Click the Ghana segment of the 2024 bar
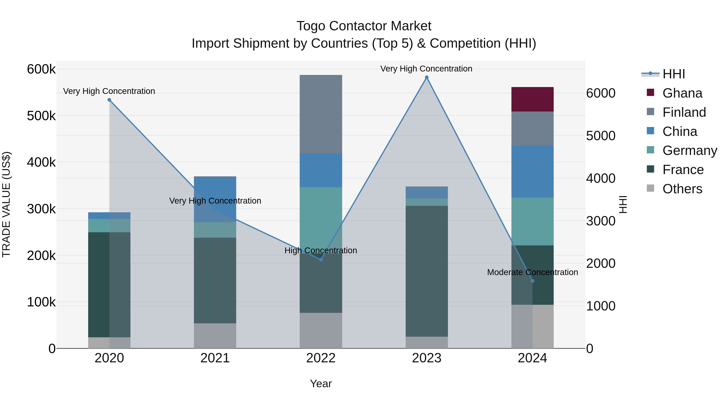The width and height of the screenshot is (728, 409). pos(532,99)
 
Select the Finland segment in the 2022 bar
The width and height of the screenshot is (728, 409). pos(321,114)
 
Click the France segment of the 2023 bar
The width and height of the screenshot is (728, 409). pos(426,271)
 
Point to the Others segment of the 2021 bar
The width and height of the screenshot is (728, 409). pos(215,336)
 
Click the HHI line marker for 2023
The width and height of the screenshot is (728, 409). pos(426,77)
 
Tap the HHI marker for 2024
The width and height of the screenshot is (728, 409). pos(532,281)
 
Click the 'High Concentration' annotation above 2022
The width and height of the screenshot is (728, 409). pos(321,250)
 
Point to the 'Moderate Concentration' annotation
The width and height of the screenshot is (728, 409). pos(532,272)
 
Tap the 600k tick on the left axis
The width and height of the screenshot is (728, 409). pos(41,69)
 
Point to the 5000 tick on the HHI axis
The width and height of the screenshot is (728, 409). pos(601,136)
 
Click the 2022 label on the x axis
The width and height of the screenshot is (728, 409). pos(321,358)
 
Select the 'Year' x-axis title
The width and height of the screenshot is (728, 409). pos(321,384)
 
